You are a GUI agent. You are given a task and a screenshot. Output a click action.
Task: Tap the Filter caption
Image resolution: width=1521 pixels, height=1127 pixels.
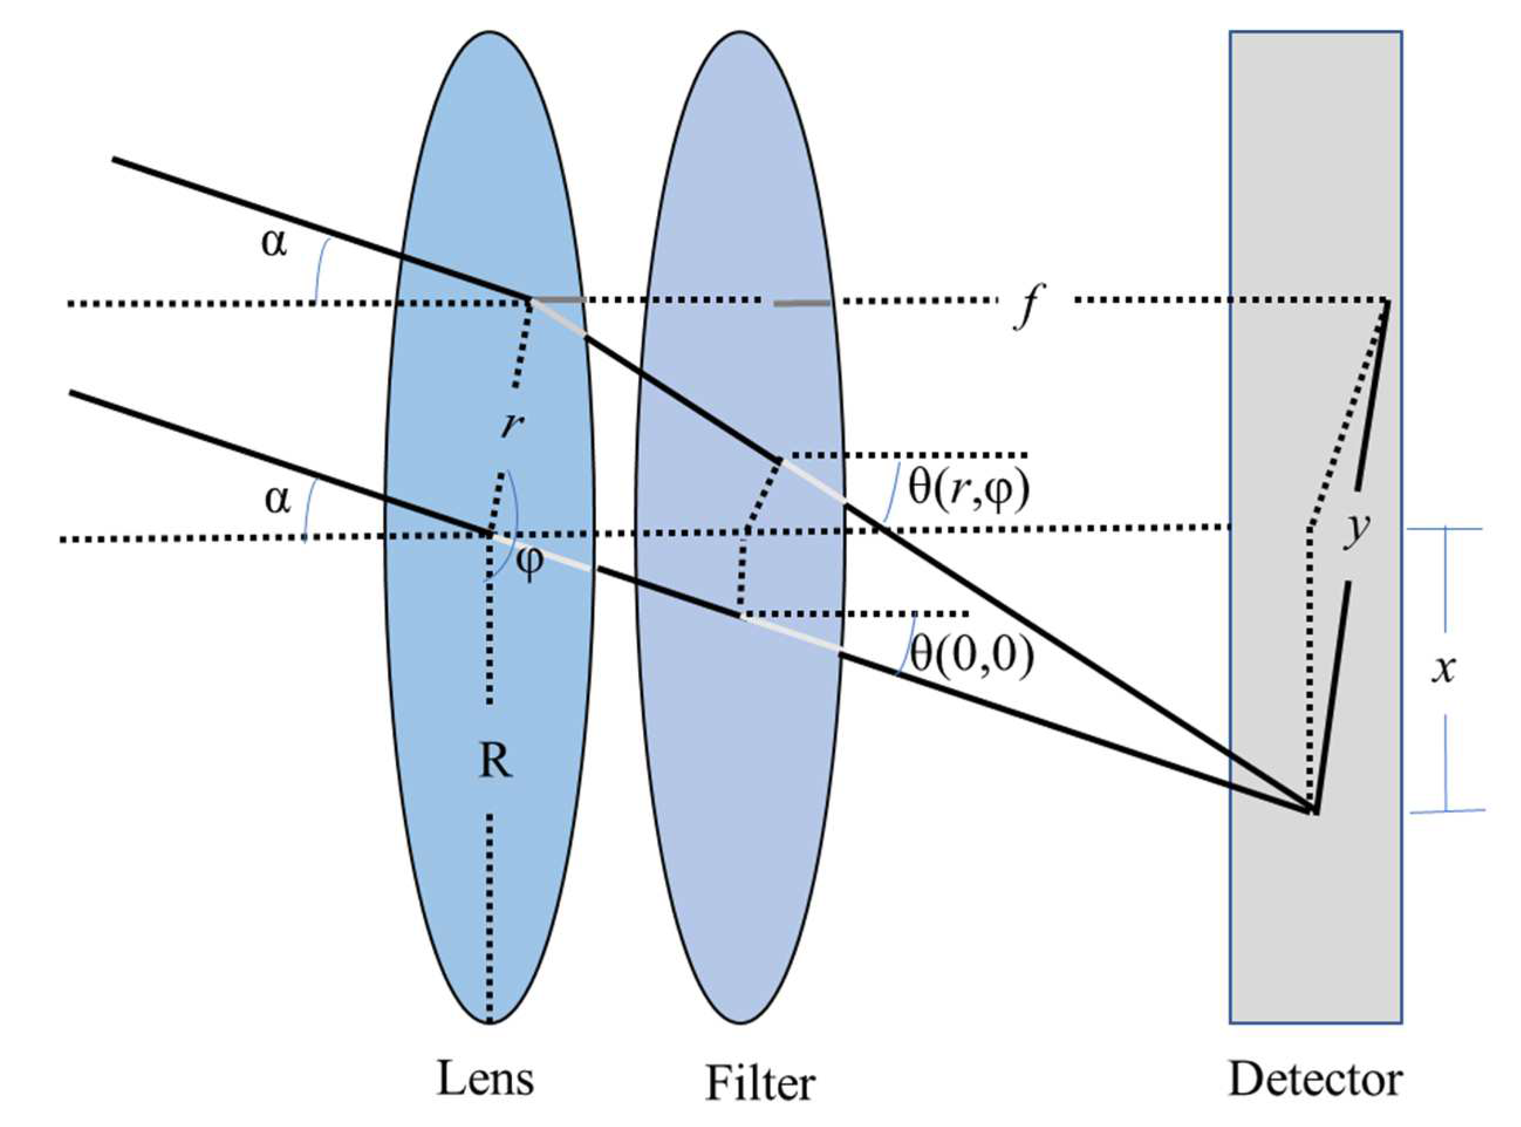760,1082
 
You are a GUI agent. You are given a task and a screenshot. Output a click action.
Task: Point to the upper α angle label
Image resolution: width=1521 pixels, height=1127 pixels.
274,243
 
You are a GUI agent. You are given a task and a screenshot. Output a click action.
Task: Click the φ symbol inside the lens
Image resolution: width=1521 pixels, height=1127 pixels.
530,561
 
